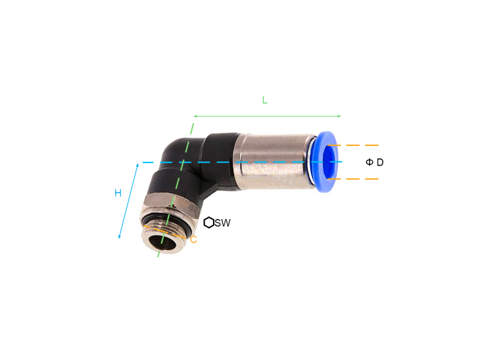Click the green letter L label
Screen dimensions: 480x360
click(x=265, y=100)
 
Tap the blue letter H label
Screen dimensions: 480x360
click(x=118, y=193)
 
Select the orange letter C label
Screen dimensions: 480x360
click(x=193, y=239)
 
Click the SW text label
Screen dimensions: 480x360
click(x=223, y=223)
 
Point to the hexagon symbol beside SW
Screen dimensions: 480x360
click(x=209, y=223)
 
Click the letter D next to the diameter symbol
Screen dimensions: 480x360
click(x=380, y=162)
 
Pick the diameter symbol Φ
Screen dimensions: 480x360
click(x=370, y=162)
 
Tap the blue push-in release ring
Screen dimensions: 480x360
click(x=325, y=162)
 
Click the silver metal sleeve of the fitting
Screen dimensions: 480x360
click(x=275, y=161)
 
